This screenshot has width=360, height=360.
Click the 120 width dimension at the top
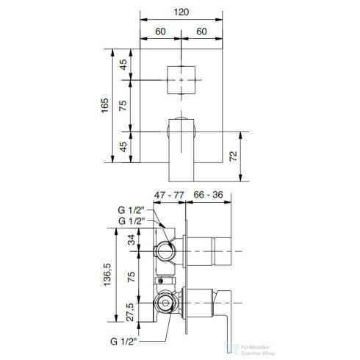[x=181, y=12]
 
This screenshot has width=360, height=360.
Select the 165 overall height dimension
[x=105, y=105]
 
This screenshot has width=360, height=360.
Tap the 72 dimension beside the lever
[x=233, y=156]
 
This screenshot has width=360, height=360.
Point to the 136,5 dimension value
[x=107, y=274]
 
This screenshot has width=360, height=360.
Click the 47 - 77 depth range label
[x=169, y=195]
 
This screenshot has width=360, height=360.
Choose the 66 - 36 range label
[x=208, y=195]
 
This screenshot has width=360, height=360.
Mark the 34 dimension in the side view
[x=132, y=240]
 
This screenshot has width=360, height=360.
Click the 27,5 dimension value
[x=130, y=312]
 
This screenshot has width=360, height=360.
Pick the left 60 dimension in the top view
[x=160, y=32]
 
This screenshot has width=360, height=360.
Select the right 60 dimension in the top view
[x=201, y=32]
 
